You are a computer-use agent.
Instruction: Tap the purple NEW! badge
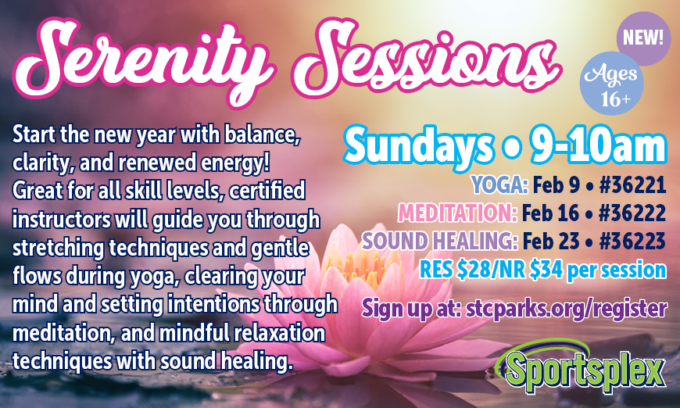pos(643,38)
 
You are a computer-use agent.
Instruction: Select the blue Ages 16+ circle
pos(611,84)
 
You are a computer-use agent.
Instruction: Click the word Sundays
pos(419,145)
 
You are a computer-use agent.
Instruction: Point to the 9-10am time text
pos(598,145)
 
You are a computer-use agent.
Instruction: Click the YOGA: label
pos(499,185)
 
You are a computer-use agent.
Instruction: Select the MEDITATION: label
pos(457,213)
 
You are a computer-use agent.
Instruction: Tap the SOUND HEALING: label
pos(440,241)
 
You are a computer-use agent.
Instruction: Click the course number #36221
pos(632,185)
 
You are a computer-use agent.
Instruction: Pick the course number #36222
pos(632,213)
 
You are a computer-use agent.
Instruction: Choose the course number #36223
pos(632,241)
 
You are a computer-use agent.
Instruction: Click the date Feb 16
pos(550,213)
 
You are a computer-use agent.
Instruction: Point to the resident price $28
pos(472,270)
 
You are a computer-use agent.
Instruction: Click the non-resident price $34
pos(546,270)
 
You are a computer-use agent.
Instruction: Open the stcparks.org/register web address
pos(566,310)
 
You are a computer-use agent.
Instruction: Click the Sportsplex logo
pos(581,367)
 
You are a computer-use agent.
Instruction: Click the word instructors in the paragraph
pos(61,220)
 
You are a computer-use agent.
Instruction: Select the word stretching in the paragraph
pos(58,249)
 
